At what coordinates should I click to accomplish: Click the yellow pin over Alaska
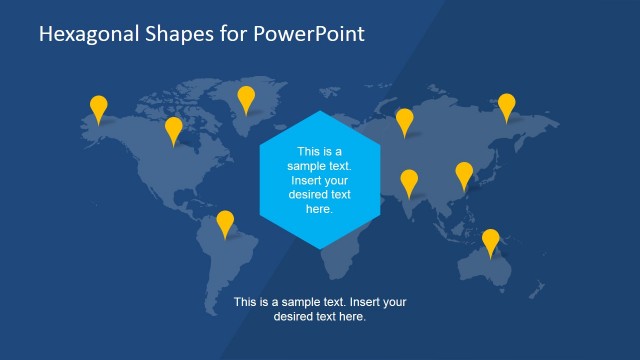98,107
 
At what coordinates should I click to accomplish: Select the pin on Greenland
246,97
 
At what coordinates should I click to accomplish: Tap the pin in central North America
174,129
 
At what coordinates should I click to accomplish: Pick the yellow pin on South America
225,222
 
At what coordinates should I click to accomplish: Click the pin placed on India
409,181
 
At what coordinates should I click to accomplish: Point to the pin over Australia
490,241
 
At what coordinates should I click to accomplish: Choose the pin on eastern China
464,174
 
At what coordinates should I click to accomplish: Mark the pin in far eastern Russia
507,105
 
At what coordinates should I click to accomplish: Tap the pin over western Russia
404,120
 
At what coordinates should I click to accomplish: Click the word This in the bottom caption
245,302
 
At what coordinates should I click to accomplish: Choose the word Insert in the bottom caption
357,302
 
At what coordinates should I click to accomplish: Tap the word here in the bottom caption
353,317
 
